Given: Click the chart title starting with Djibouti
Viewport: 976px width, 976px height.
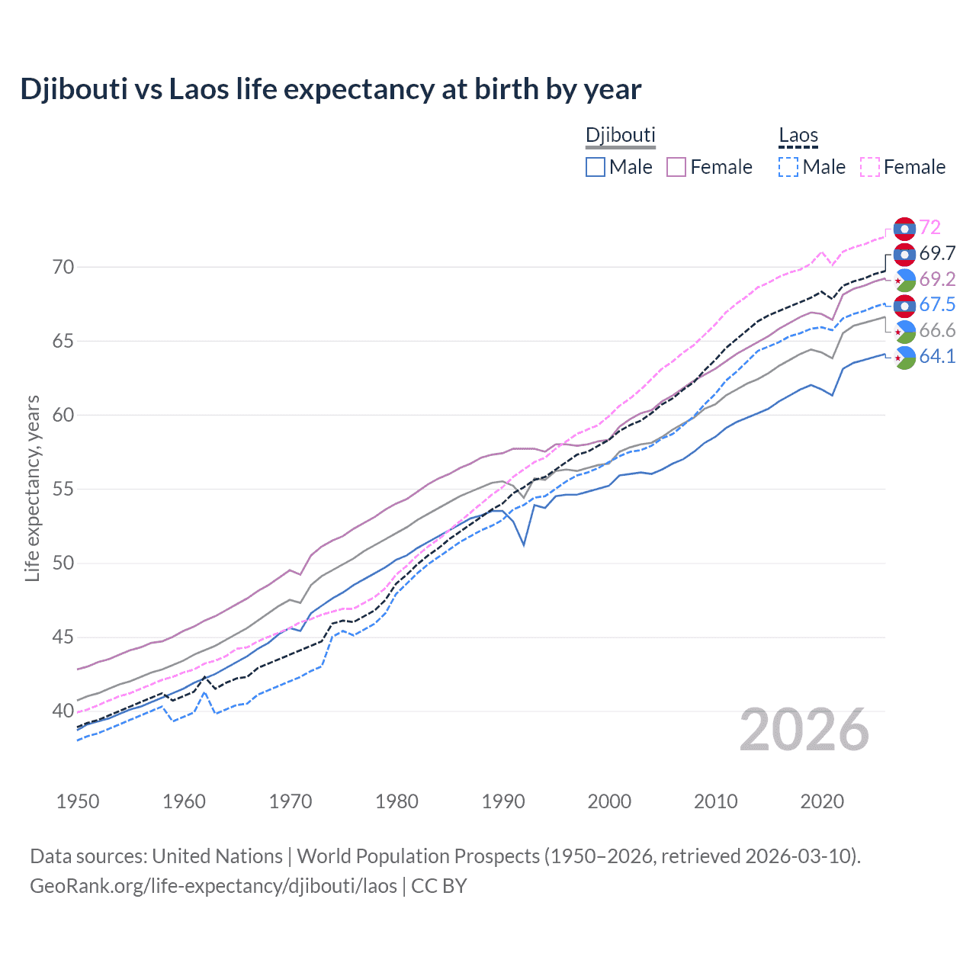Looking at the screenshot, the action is point(330,89).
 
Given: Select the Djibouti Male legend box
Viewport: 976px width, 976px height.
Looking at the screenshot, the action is point(596,167).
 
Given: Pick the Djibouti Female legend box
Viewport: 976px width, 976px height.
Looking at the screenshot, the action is point(676,167).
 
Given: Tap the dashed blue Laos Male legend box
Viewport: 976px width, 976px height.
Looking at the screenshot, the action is point(788,167).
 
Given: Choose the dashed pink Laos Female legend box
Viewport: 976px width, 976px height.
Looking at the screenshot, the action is point(870,167).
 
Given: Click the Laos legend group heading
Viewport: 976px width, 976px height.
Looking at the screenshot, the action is point(798,136).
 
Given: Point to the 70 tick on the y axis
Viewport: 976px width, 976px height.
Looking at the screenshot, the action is point(63,267).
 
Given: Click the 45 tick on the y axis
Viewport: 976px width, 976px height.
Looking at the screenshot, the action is point(63,637).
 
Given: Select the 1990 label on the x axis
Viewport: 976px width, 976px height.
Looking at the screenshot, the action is point(503,801).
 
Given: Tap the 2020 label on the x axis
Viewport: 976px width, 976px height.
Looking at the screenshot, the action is point(822,801).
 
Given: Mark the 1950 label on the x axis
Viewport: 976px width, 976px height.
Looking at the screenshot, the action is point(78,801).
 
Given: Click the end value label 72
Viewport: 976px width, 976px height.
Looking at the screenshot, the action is point(929,227).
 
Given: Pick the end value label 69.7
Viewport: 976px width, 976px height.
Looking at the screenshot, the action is point(937,253).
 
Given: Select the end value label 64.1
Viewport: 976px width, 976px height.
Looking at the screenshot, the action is point(937,356).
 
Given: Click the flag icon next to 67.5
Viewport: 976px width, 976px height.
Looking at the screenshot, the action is point(904,306).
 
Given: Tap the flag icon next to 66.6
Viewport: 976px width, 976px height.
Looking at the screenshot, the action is point(904,331).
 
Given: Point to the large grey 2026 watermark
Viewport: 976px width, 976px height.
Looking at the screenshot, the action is point(804,730).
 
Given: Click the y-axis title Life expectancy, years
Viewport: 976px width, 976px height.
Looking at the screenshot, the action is point(32,488).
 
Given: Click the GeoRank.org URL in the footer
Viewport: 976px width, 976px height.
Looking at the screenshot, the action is point(213,886).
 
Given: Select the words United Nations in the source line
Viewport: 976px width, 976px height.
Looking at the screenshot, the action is point(217,856).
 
